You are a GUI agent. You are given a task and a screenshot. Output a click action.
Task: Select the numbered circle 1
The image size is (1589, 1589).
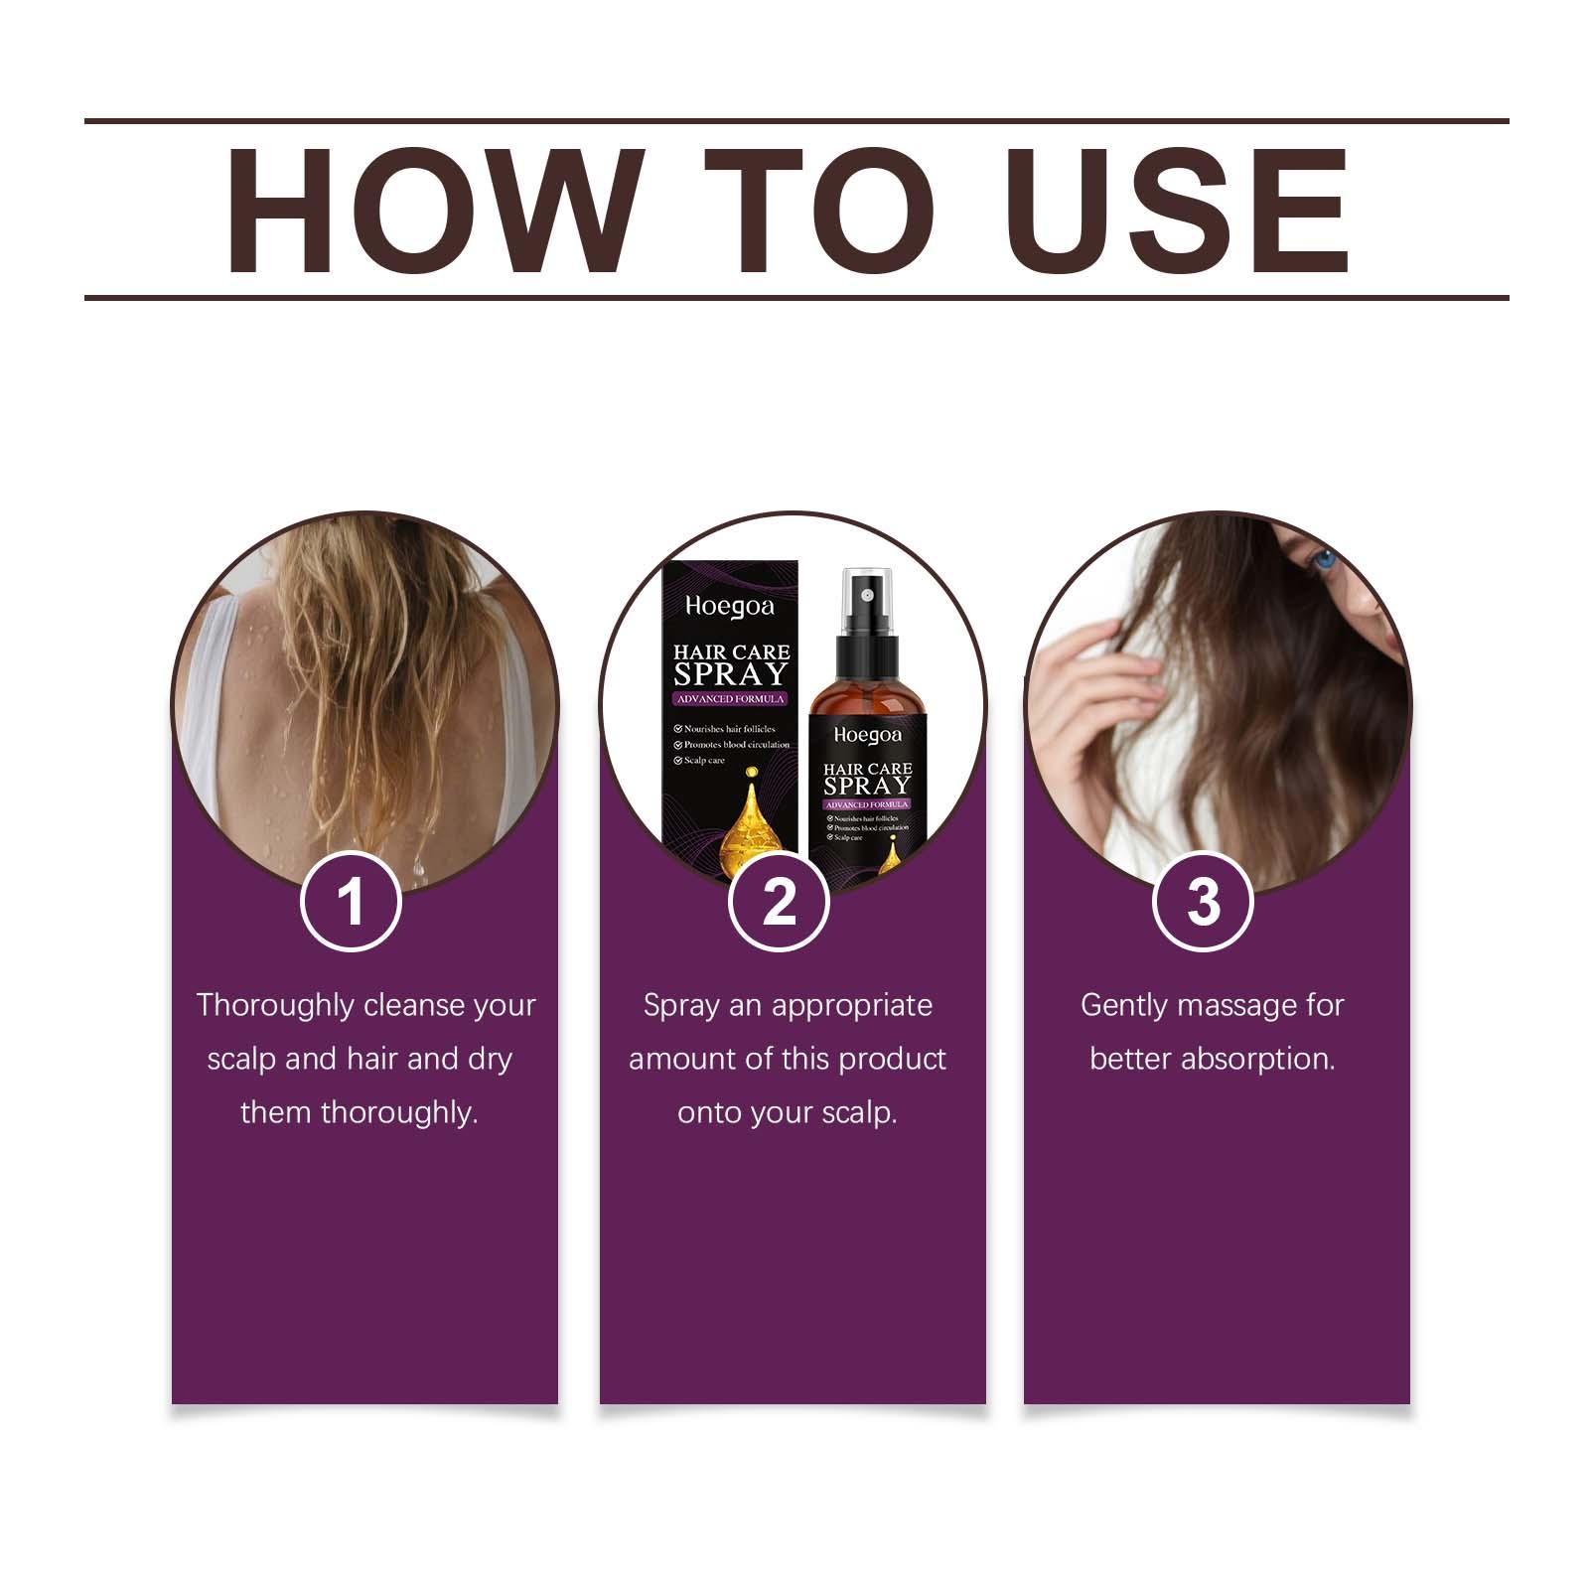(351, 902)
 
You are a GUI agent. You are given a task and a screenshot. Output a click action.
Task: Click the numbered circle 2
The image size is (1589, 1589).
(779, 902)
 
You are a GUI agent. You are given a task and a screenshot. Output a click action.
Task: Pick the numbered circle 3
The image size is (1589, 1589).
(1203, 902)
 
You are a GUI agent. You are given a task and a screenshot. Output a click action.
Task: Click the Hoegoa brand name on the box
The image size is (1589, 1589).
(729, 606)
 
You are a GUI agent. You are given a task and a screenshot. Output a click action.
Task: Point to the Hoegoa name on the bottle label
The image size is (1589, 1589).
(867, 734)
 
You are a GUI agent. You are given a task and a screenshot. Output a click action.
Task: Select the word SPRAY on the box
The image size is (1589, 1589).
(730, 675)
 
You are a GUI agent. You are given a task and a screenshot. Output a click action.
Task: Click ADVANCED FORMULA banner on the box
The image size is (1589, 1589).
(730, 699)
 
